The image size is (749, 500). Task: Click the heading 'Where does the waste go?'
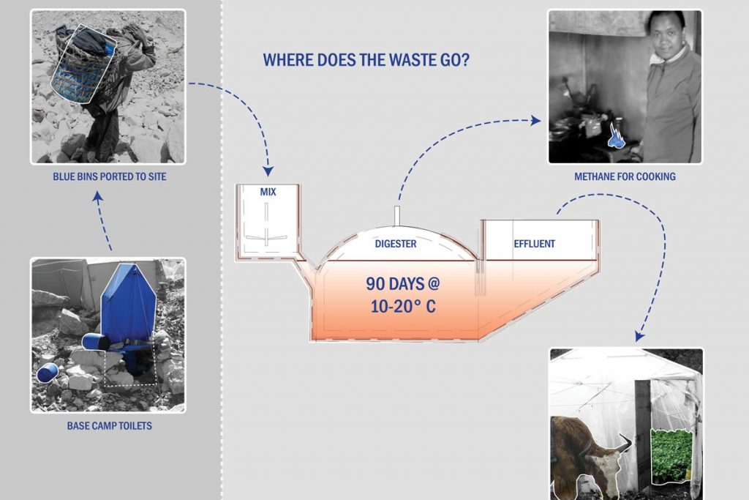(366, 60)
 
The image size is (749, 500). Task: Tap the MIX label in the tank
(268, 192)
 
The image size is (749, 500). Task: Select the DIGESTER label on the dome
(396, 244)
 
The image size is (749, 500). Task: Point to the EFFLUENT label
(535, 244)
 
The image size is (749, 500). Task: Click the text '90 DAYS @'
(402, 284)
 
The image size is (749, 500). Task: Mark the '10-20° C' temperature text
(403, 307)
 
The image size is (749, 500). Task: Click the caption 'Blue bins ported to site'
(110, 176)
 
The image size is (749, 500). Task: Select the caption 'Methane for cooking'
(625, 176)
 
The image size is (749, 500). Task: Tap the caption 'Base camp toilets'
(110, 425)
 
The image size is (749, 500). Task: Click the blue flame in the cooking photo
(614, 135)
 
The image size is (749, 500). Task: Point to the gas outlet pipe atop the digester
(396, 215)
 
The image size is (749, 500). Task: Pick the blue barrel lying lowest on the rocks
(48, 373)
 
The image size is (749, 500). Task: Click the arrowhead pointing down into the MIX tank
(268, 171)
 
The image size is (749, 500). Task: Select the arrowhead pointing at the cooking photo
(536, 121)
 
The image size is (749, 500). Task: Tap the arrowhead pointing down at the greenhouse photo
(639, 336)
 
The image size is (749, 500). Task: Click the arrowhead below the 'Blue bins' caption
(98, 196)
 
